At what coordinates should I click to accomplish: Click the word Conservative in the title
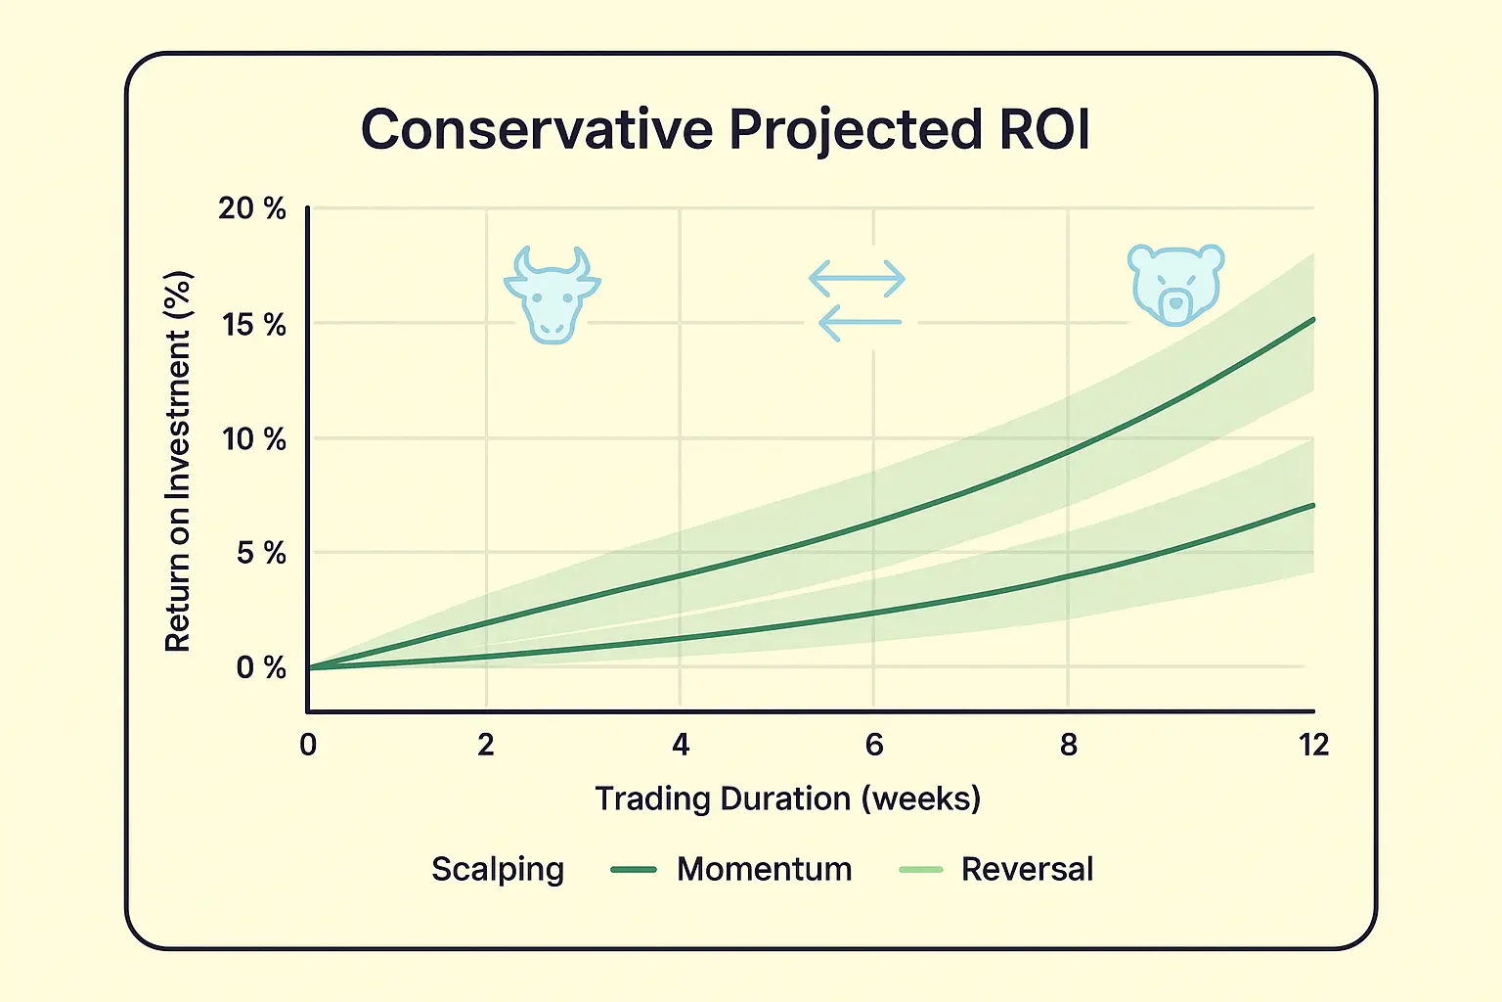537,129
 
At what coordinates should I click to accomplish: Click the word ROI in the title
1043,129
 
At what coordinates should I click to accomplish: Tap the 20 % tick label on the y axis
252,208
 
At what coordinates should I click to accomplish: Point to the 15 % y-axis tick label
253,324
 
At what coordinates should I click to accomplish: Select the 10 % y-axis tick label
253,438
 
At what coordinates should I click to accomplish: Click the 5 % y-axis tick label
260,553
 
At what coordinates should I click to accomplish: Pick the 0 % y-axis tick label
260,667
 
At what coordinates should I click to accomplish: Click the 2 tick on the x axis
486,745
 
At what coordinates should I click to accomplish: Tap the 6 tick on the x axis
874,745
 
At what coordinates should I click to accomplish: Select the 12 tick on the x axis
1313,745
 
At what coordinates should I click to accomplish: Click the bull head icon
552,295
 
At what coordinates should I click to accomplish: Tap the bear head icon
1175,284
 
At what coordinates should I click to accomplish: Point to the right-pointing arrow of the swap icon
858,279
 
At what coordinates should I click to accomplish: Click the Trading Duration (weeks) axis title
787,798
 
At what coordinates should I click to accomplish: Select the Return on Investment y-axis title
178,462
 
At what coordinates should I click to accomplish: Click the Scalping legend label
498,869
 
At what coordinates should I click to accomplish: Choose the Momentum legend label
764,869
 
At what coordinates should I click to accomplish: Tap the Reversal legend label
1027,869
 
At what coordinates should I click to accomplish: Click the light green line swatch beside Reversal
920,869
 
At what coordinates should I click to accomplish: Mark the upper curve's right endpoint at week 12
1312,320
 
